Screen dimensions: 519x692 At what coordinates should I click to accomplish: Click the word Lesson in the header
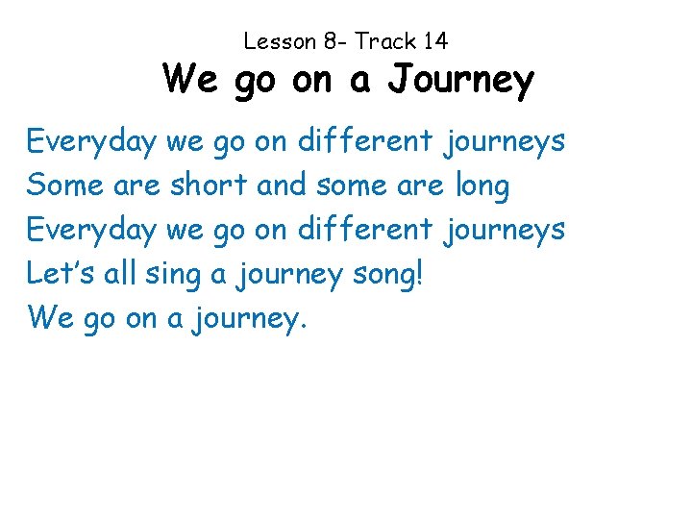point(280,41)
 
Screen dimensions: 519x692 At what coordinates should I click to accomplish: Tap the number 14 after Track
point(434,41)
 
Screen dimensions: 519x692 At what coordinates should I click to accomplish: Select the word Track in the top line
point(384,41)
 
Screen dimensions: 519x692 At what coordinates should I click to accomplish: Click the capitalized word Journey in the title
point(460,81)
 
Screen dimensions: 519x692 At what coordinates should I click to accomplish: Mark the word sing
point(174,275)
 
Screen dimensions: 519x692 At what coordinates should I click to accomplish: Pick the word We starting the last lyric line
point(51,317)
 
